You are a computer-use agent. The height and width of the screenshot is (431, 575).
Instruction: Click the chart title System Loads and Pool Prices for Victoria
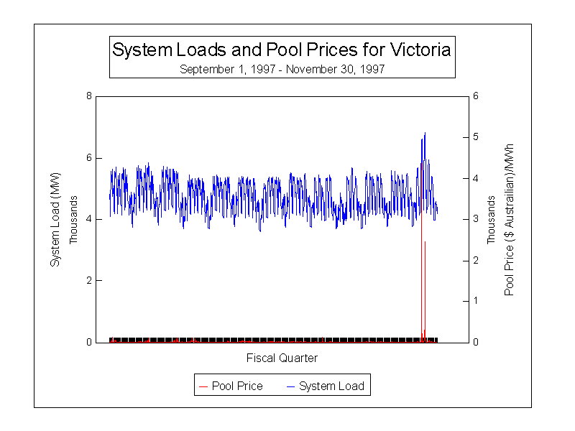282,50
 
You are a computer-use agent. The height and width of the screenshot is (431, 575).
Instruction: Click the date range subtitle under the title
282,69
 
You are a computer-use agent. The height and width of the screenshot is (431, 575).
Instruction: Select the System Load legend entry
325,386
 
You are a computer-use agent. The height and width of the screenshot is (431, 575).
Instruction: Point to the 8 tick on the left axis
89,96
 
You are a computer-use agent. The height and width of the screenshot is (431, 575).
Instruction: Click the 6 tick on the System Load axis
89,158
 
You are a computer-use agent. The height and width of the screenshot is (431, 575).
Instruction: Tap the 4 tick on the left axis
89,219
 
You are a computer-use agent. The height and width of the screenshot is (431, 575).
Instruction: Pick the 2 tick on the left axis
89,281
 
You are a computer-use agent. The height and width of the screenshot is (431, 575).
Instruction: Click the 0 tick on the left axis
89,342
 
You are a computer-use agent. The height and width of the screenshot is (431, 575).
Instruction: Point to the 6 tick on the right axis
475,96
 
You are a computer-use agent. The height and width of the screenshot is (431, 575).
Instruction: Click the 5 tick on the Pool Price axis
475,137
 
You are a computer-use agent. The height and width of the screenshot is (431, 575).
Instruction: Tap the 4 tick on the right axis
475,178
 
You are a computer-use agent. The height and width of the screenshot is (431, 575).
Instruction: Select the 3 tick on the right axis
475,219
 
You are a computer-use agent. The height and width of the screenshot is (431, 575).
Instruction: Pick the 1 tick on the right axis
475,301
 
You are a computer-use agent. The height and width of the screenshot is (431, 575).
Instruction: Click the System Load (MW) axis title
55,219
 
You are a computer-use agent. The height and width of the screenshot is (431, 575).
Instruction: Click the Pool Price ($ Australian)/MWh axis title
510,219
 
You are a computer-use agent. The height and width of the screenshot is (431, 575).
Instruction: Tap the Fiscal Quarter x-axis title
282,358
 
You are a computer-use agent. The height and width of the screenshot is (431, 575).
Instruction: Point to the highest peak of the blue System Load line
425,133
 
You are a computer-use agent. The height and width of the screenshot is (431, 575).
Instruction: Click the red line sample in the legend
203,386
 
